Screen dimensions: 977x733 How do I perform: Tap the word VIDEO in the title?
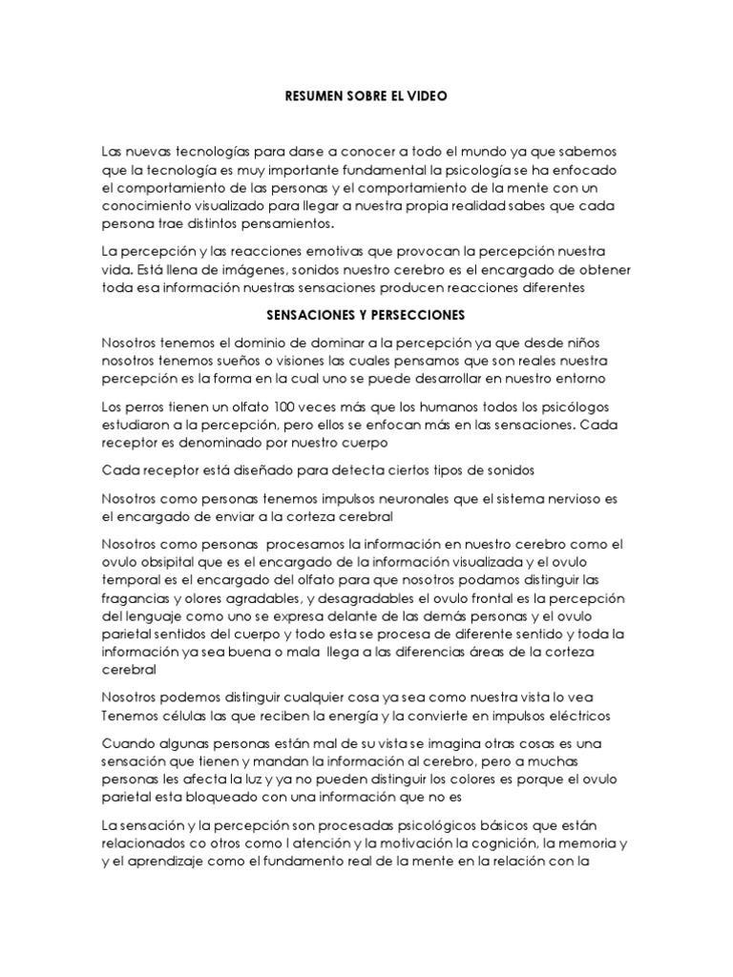coord(426,96)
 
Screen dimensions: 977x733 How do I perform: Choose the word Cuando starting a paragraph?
coord(129,743)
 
